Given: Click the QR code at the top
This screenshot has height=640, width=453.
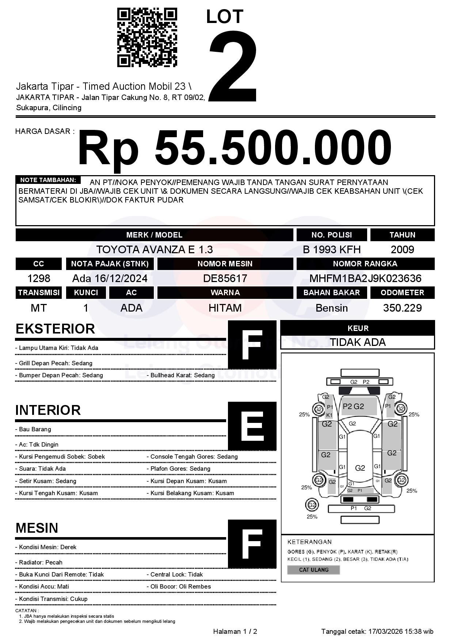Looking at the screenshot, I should pos(147,37).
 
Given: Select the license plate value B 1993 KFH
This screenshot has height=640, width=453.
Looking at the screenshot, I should pos(332,250).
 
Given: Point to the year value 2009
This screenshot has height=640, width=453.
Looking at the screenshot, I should pos(402,250).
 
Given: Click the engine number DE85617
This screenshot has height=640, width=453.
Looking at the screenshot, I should pos(225,279).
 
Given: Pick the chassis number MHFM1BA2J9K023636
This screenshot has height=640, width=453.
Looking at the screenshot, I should pos(365,279).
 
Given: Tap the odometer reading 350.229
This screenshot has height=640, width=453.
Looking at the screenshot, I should pos(402,308).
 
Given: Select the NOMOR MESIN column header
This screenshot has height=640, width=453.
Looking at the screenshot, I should pos(225,264).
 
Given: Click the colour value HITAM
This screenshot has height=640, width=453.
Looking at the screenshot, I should pos(225,308).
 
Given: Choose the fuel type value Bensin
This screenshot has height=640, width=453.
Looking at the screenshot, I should pos(332,308).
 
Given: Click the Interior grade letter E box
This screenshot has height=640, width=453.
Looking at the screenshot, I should pos(252,426).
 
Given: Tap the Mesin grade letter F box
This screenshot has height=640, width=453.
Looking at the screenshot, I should pos(252,544).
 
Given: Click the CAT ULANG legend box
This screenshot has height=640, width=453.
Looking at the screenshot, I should pos(313,570).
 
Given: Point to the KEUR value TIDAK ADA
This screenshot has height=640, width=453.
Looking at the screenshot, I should pos(358,342).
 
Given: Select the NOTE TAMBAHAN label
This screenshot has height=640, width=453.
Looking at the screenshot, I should pos(48,180).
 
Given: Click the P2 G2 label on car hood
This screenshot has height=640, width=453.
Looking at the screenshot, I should pos(353,406).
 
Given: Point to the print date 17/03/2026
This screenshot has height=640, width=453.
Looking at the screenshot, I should pos(384,631).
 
